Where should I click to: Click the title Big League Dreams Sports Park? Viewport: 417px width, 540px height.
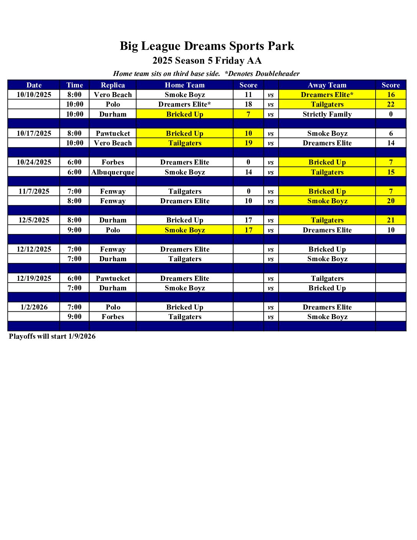click(x=207, y=46)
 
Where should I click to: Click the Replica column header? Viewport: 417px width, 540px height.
click(x=113, y=85)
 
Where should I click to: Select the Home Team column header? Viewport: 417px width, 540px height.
click(x=185, y=85)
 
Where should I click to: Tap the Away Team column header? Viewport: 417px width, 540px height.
click(x=327, y=85)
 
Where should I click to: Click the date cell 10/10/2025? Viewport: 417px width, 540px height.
click(x=34, y=95)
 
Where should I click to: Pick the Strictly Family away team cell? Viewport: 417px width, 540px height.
click(x=327, y=114)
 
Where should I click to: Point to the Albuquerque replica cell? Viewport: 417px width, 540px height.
click(x=113, y=172)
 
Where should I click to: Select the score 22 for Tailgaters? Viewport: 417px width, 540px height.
click(x=391, y=104)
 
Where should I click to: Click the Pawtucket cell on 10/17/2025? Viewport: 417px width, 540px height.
click(x=113, y=133)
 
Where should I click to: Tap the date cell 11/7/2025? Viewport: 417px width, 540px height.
click(x=34, y=191)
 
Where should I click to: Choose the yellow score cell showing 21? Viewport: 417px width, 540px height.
click(x=391, y=220)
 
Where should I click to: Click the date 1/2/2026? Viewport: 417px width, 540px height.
click(x=34, y=307)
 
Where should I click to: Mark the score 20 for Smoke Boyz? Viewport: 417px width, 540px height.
click(x=391, y=201)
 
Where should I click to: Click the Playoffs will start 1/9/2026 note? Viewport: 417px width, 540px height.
click(x=52, y=336)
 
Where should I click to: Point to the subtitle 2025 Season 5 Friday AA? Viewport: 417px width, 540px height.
click(x=207, y=61)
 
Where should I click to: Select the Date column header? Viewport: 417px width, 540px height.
click(x=34, y=85)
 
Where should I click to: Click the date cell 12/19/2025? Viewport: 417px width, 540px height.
click(x=34, y=278)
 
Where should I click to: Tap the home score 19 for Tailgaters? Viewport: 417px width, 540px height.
click(x=248, y=143)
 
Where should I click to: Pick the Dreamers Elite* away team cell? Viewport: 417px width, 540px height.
click(x=327, y=95)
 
